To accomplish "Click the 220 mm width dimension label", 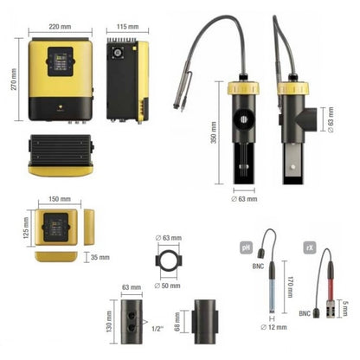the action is pyautogui.click(x=60, y=27).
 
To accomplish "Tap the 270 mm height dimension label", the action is pyautogui.click(x=14, y=80).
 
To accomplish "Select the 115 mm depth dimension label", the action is pyautogui.click(x=127, y=27).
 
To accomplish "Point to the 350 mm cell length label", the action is pyautogui.click(x=214, y=132).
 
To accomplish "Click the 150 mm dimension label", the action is pyautogui.click(x=60, y=199).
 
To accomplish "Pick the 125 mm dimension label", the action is pyautogui.click(x=26, y=228).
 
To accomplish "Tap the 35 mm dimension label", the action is pyautogui.click(x=100, y=257).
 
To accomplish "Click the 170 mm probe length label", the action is pyautogui.click(x=290, y=286).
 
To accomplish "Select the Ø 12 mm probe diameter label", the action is pyautogui.click(x=273, y=327).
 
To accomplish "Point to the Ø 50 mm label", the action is pyautogui.click(x=167, y=286).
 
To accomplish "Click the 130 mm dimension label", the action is pyautogui.click(x=109, y=321).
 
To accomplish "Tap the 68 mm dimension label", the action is pyautogui.click(x=177, y=321).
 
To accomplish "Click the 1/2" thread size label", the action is pyautogui.click(x=157, y=329).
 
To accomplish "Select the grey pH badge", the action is pyautogui.click(x=246, y=247).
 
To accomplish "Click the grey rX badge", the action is pyautogui.click(x=310, y=247).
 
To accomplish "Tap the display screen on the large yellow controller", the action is pyautogui.click(x=61, y=62).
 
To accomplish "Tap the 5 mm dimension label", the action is pyautogui.click(x=345, y=308).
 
